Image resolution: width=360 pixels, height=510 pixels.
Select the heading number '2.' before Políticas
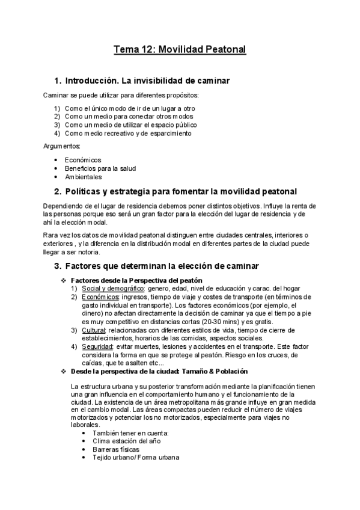tap(58, 192)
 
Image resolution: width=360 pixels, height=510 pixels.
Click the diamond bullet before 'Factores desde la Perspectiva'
tap(64, 280)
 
